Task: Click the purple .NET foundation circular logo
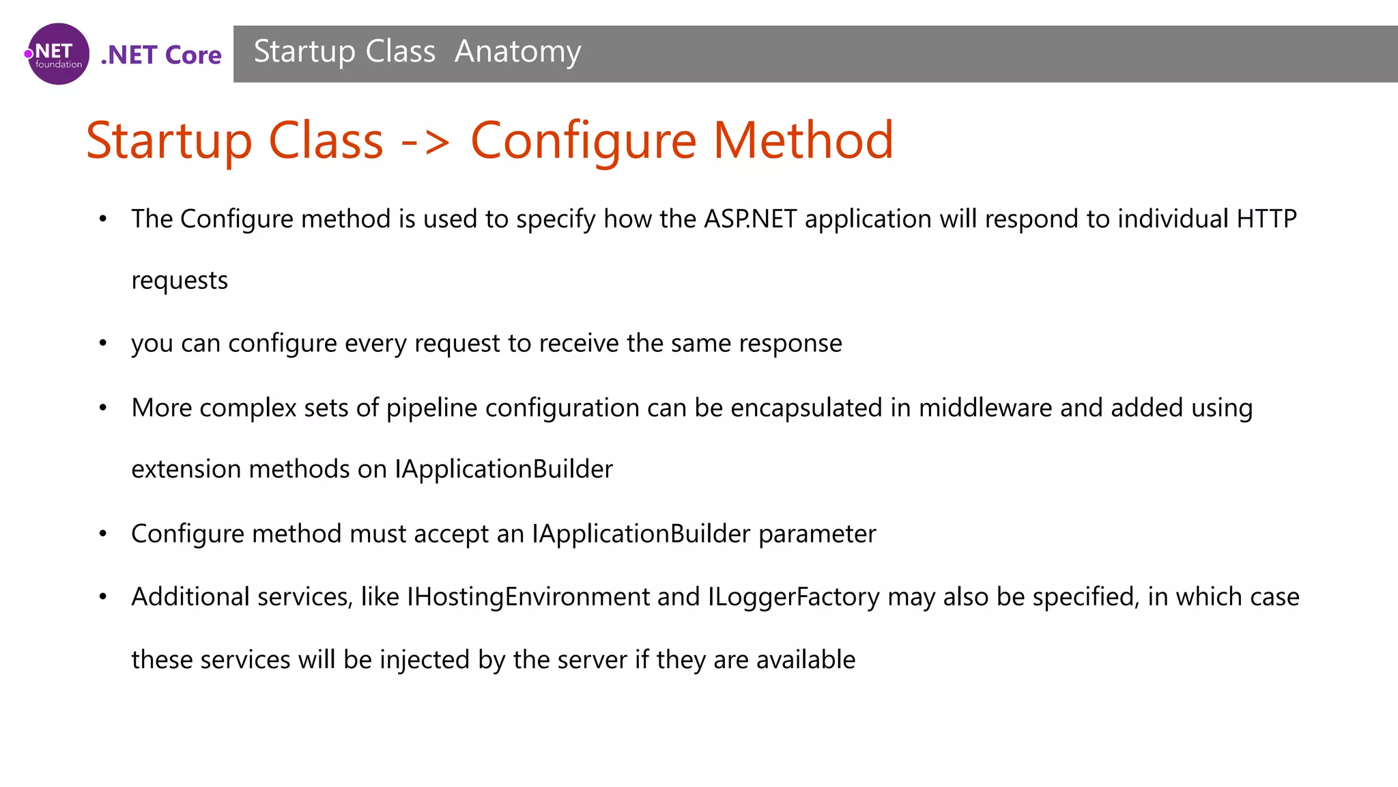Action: (x=58, y=54)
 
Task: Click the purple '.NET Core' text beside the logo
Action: (x=161, y=55)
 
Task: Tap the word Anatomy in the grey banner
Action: (x=517, y=52)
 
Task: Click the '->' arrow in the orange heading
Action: (x=425, y=141)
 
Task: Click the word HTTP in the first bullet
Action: (x=1266, y=219)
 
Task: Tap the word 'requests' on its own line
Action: (x=180, y=281)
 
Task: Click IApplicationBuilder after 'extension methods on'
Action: (x=504, y=469)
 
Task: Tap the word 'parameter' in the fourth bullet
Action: (x=817, y=534)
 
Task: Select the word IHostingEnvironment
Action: (x=528, y=597)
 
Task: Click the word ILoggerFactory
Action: (x=794, y=597)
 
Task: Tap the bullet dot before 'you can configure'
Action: (x=103, y=343)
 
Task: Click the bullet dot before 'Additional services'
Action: (x=103, y=597)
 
